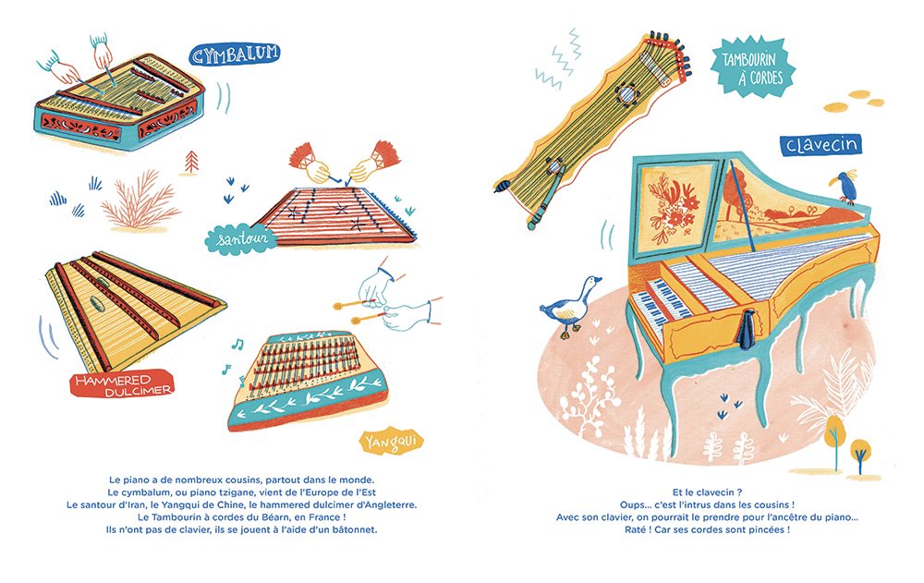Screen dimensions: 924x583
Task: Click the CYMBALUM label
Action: tap(235, 55)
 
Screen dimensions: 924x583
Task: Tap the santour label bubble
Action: tap(241, 239)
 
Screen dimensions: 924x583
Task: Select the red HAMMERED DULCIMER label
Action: tap(122, 384)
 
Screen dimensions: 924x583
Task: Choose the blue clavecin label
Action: tap(821, 145)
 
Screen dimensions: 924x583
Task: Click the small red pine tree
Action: tap(189, 163)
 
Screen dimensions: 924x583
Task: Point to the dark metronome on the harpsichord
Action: tap(747, 328)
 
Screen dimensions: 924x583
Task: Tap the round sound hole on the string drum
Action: tap(626, 94)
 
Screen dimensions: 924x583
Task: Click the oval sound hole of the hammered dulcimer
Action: tap(97, 304)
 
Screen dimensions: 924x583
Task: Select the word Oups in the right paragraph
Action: tap(633, 504)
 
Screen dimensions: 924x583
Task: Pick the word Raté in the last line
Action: tap(636, 529)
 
